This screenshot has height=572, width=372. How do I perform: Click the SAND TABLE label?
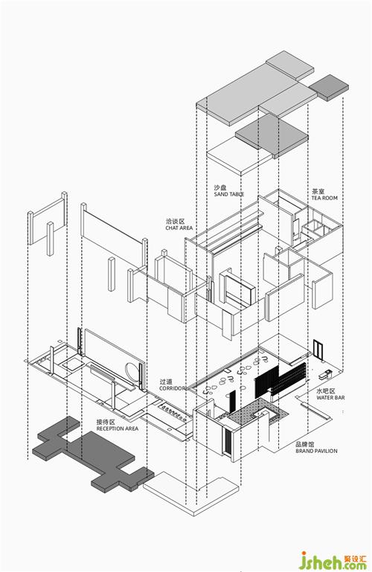pyautogui.click(x=229, y=194)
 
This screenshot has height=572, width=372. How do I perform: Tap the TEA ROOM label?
pyautogui.click(x=324, y=198)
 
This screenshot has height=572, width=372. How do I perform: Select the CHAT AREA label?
pyautogui.click(x=179, y=228)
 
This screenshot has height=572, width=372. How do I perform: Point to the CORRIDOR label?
pyautogui.click(x=173, y=388)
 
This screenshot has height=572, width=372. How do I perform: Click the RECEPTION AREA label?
pyautogui.click(x=118, y=428)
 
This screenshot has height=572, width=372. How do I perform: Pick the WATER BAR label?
pyautogui.click(x=330, y=398)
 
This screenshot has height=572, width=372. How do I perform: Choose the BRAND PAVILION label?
pyautogui.click(x=316, y=451)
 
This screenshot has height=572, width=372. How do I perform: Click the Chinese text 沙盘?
pyautogui.click(x=220, y=188)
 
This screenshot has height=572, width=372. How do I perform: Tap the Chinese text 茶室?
pyautogui.click(x=318, y=191)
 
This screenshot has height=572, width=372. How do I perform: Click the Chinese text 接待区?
pyautogui.click(x=106, y=422)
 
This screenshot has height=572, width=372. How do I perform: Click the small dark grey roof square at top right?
pyautogui.click(x=329, y=88)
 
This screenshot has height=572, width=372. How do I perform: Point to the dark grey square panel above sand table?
pyautogui.click(x=272, y=135)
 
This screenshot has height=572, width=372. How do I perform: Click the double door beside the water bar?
pyautogui.click(x=318, y=349)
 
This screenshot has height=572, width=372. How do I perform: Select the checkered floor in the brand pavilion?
pyautogui.click(x=257, y=411)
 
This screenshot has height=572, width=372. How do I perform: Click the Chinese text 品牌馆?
pyautogui.click(x=305, y=444)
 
